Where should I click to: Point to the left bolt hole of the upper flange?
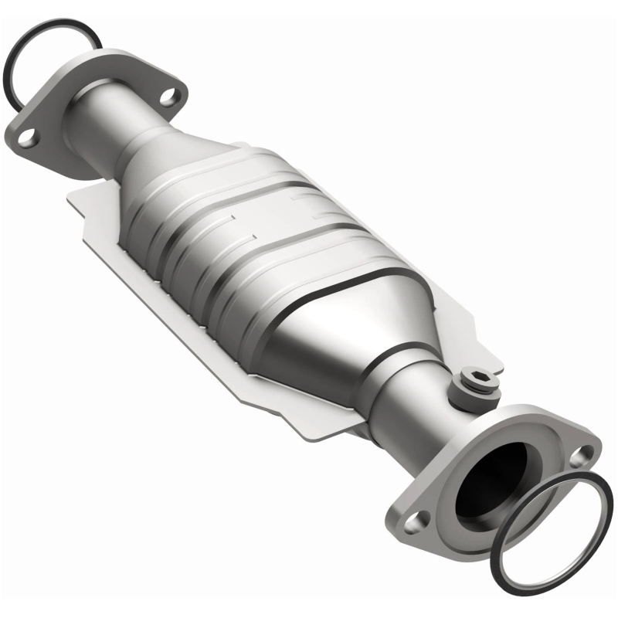(27, 138)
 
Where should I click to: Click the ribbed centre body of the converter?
(255, 232)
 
